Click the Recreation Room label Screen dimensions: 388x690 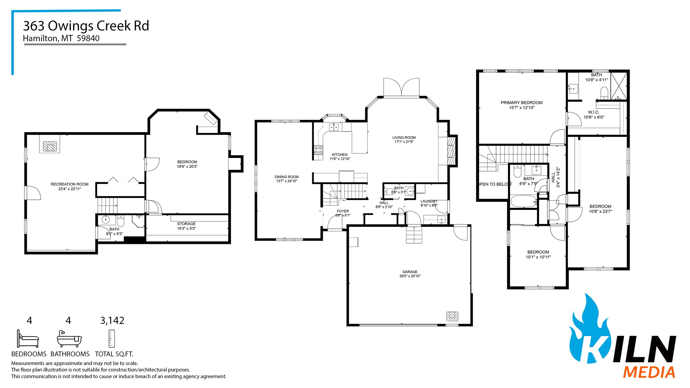tap(69, 184)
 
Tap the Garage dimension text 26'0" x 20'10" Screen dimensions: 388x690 tap(410, 276)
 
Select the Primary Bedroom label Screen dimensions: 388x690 tap(521, 103)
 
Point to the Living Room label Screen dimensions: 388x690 tap(404, 137)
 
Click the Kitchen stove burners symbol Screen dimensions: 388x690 tap(318, 150)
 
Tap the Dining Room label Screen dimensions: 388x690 tap(286, 177)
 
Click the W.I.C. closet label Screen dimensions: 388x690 tap(593, 112)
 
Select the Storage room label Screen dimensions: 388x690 tap(186, 224)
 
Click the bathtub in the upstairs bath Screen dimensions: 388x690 tap(524, 201)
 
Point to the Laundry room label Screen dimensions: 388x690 tap(428, 201)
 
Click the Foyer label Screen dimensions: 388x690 tap(343, 211)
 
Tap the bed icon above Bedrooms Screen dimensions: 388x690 tap(28, 339)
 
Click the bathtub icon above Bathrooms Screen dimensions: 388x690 tap(69, 339)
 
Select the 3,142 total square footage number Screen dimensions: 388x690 tap(112, 321)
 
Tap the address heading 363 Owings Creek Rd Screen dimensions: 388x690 tap(86, 26)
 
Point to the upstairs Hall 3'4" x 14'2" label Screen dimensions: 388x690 tap(555, 177)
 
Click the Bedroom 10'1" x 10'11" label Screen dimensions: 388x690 tap(538, 252)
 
